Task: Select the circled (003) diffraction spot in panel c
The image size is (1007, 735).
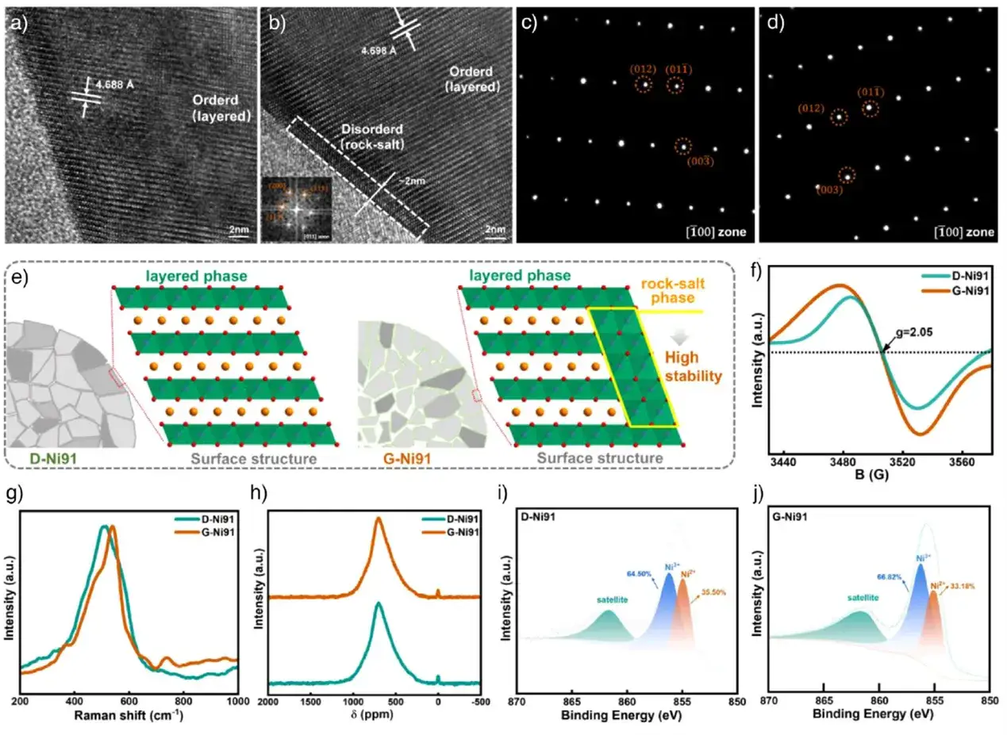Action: tap(682, 147)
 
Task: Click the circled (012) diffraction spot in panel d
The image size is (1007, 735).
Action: tap(837, 117)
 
